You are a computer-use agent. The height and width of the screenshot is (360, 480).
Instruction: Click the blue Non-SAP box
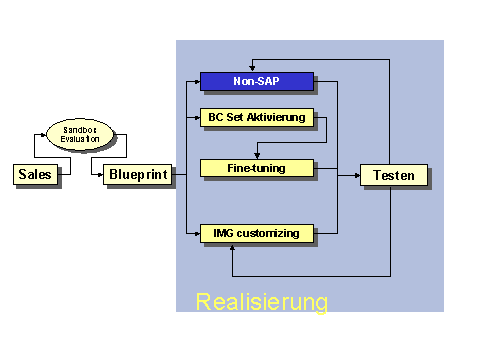tap(256, 81)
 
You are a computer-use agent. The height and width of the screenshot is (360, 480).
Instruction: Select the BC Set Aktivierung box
tap(257, 117)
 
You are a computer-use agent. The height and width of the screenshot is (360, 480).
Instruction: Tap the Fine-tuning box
tap(257, 168)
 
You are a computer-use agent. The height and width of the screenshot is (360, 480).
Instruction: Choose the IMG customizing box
tap(257, 233)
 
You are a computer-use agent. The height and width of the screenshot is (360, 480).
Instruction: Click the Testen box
tap(394, 175)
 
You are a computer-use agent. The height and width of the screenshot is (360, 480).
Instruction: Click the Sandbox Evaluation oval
tap(80, 135)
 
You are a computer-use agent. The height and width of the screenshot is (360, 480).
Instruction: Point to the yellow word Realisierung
tap(261, 301)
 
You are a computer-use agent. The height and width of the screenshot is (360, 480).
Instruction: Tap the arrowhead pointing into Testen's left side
tap(356, 175)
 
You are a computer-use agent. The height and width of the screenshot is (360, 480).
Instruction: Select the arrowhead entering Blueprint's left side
tap(99, 175)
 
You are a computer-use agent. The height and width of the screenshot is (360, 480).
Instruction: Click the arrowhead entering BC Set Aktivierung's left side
tap(196, 117)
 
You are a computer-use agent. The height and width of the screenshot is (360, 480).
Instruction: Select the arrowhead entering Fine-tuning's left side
tap(196, 168)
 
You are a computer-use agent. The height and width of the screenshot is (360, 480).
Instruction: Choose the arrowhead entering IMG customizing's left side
tap(196, 233)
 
